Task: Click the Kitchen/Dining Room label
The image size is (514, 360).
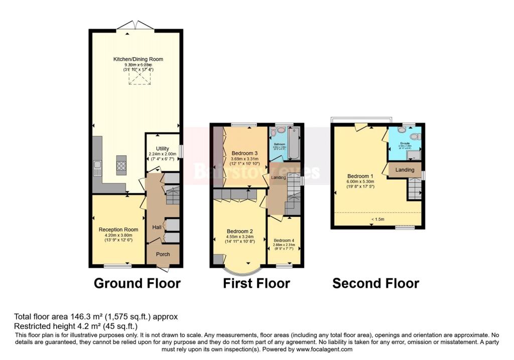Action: click(138, 59)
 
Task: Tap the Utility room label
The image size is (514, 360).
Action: click(162, 149)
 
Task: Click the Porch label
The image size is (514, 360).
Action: click(163, 254)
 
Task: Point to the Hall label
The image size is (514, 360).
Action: click(157, 227)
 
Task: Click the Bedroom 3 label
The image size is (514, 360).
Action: click(244, 153)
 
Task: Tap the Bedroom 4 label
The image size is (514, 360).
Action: click(285, 240)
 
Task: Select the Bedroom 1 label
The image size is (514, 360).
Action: click(360, 176)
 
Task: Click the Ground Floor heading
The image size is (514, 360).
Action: click(137, 283)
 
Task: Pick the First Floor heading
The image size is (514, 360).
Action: click(256, 283)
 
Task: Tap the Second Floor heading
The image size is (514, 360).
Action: click(375, 283)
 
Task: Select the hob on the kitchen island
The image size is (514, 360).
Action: click(121, 165)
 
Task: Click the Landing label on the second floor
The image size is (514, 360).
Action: click(405, 170)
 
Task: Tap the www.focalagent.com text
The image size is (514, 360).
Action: click(322, 349)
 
